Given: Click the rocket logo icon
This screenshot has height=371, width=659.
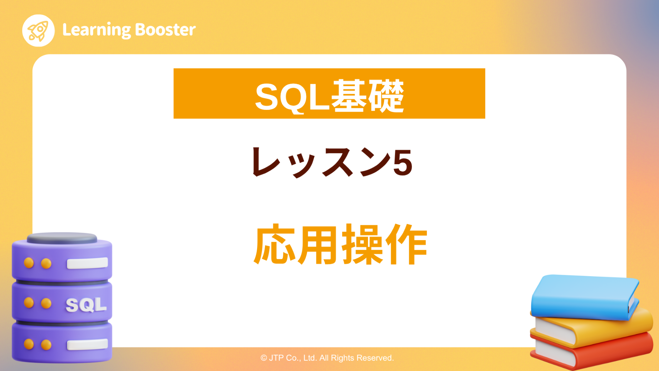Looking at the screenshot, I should pyautogui.click(x=38, y=30).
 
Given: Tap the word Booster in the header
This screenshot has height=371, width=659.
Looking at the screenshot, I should pyautogui.click(x=166, y=30).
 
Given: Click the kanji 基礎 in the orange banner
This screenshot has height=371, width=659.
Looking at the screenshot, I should pyautogui.click(x=368, y=96).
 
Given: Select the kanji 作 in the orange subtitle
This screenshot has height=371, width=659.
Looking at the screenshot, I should pyautogui.click(x=407, y=245).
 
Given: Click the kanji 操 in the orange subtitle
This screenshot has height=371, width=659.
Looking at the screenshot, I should pyautogui.click(x=363, y=245).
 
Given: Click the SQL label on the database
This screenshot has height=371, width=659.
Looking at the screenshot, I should pyautogui.click(x=86, y=305).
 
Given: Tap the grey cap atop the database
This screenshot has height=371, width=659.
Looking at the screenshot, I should pyautogui.click(x=62, y=238).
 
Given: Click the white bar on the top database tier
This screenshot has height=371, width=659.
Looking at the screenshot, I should pyautogui.click(x=87, y=263).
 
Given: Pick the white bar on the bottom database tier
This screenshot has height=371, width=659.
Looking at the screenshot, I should pyautogui.click(x=87, y=344).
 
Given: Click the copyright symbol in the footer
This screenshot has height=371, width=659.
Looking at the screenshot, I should pyautogui.click(x=264, y=358).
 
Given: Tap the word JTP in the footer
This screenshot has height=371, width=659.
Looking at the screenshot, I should pyautogui.click(x=276, y=358).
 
